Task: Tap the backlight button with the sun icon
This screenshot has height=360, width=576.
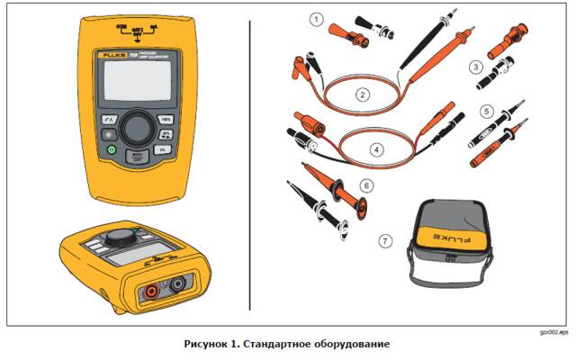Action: pyautogui.click(x=109, y=134)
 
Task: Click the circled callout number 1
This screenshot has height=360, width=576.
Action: pyautogui.click(x=315, y=16)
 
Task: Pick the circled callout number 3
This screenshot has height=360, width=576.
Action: pyautogui.click(x=475, y=67)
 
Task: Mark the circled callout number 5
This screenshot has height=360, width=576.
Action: pyautogui.click(x=486, y=112)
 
